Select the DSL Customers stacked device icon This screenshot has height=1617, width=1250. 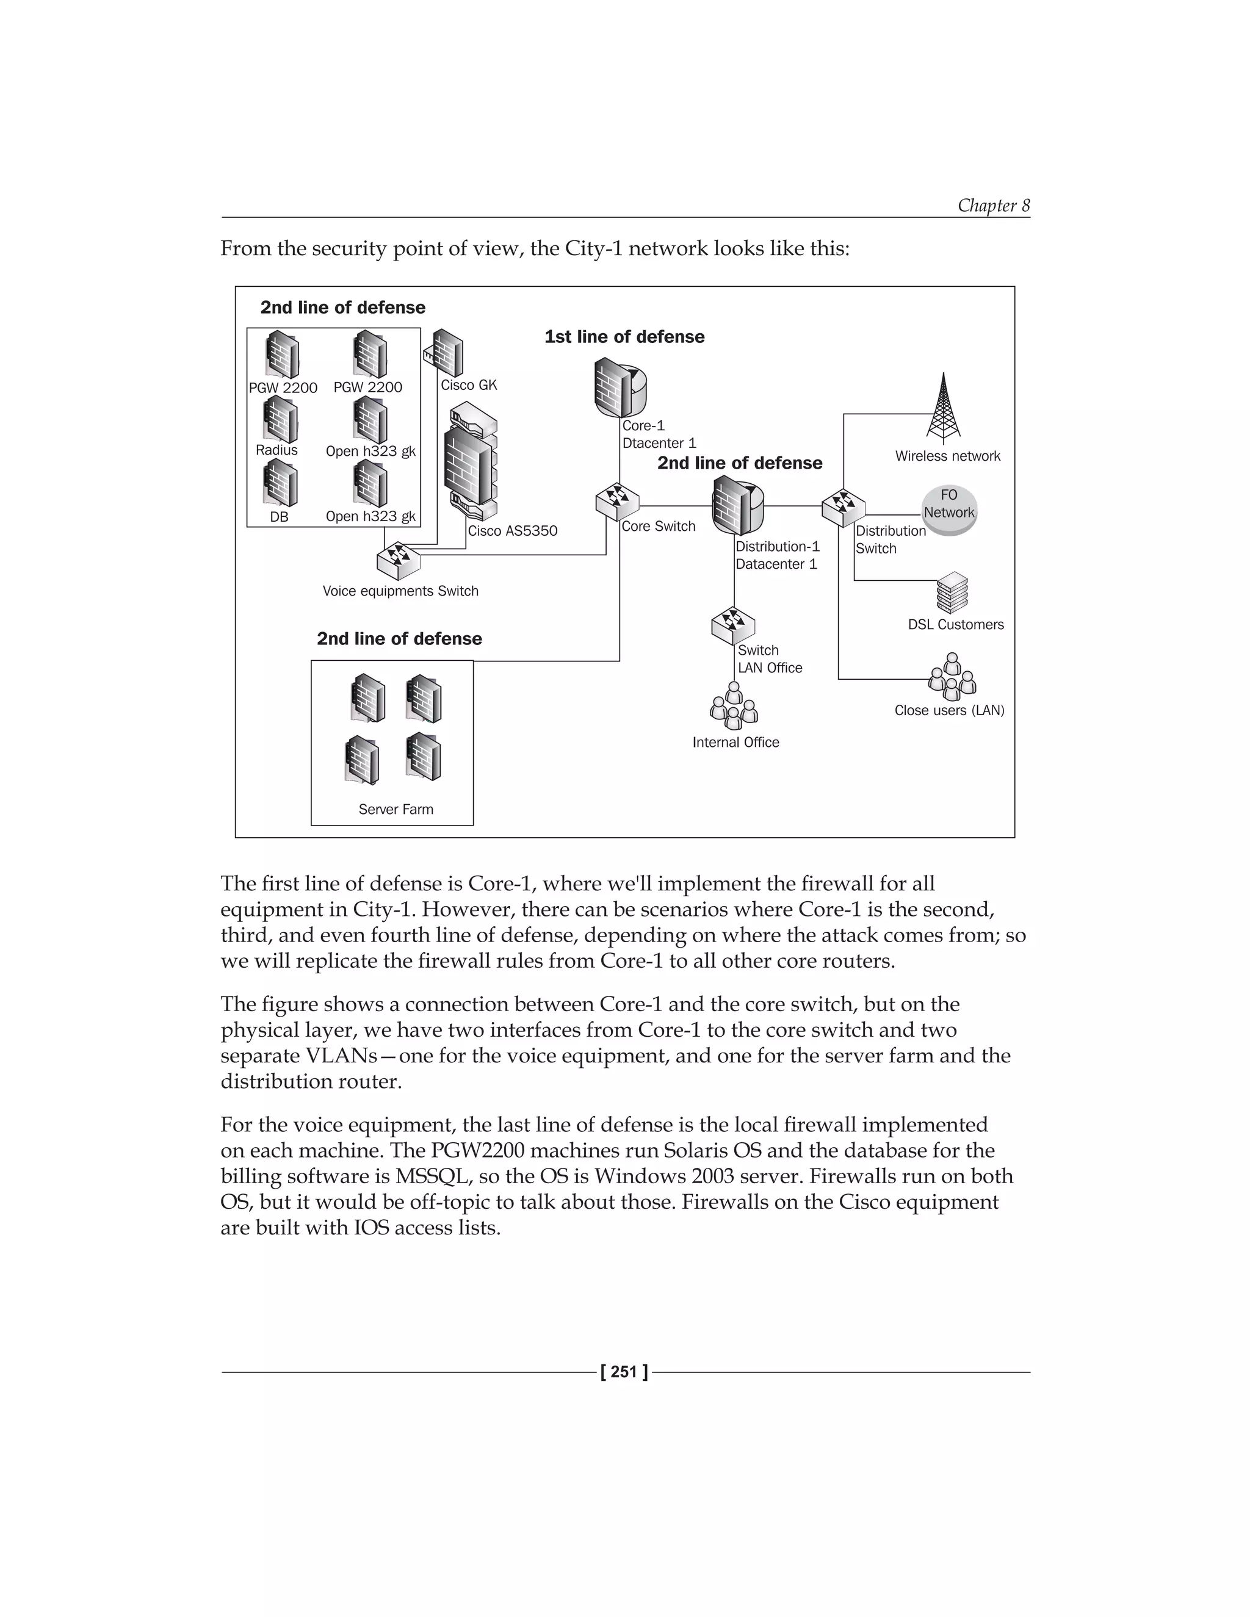[x=952, y=592]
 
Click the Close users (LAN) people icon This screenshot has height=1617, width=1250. [x=952, y=676]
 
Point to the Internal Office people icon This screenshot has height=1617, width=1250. [x=733, y=705]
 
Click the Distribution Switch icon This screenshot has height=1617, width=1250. [x=843, y=507]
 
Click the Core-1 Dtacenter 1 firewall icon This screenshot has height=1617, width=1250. [x=619, y=387]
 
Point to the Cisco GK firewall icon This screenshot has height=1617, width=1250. [x=445, y=353]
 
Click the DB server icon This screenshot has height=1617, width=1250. [x=279, y=483]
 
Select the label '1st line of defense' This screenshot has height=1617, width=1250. [x=624, y=337]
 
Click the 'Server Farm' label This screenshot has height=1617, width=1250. [x=396, y=809]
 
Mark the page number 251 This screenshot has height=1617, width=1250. [x=624, y=1372]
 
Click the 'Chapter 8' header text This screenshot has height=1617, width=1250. [x=993, y=205]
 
